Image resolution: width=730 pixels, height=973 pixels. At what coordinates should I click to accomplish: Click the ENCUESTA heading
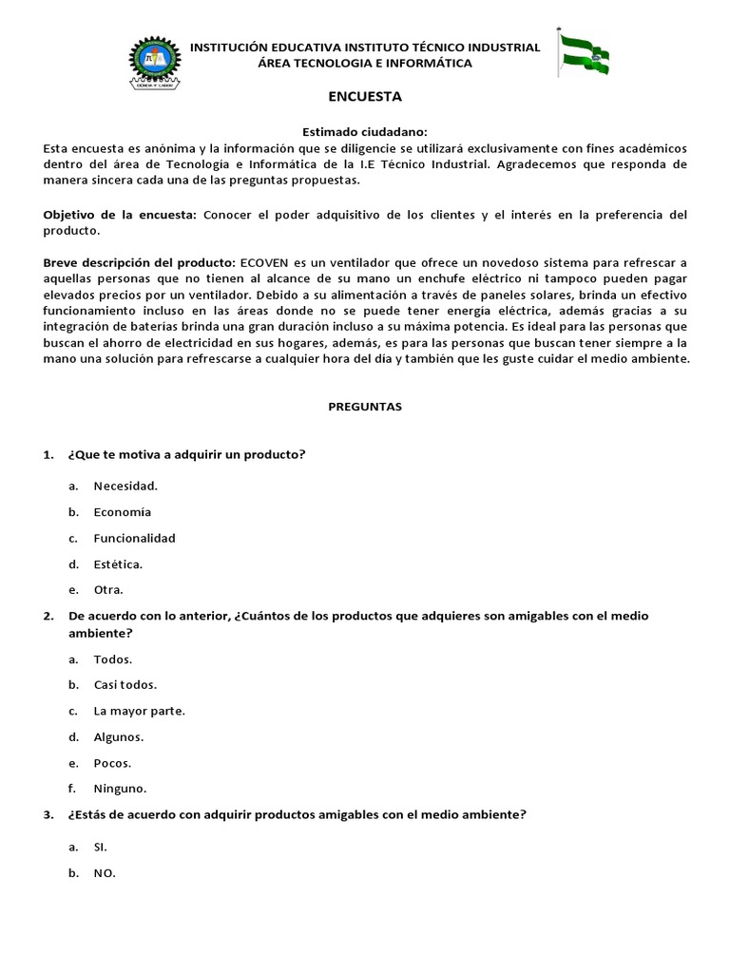pos(365,96)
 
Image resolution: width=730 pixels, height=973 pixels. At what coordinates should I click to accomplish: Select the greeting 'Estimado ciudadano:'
pos(364,133)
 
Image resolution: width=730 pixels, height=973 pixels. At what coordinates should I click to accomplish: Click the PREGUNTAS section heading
pos(365,406)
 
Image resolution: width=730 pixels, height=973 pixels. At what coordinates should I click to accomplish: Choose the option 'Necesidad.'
pos(125,486)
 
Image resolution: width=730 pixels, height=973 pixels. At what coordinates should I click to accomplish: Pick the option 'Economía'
pos(122,512)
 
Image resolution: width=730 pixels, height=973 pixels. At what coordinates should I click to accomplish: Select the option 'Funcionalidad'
pos(134,538)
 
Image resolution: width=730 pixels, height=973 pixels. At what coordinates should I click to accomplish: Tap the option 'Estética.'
pos(118,563)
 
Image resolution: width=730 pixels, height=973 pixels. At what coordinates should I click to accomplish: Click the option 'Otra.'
pos(108,589)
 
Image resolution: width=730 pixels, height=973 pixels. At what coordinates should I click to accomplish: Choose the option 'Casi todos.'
pos(125,684)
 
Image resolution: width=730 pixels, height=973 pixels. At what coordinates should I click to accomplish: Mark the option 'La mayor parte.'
pos(139,710)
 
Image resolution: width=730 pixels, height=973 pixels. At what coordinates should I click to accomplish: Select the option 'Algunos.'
pos(119,736)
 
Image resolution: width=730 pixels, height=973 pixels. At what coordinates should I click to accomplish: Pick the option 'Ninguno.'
pos(121,788)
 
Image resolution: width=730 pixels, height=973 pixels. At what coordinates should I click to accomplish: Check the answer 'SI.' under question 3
pos(101,846)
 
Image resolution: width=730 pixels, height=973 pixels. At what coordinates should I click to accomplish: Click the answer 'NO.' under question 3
pos(105,873)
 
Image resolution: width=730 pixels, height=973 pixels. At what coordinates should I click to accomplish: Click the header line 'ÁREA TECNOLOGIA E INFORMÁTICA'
pos(365,63)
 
